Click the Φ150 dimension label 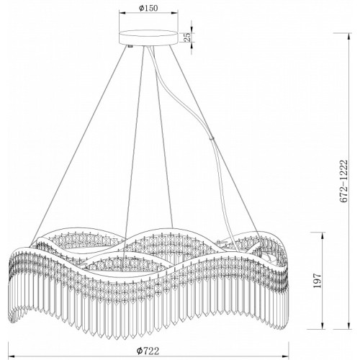coord(148,8)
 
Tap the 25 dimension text coord(188,36)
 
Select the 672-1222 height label coord(343,181)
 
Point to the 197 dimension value coord(318,280)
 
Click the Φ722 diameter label coord(148,351)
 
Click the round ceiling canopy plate coord(148,37)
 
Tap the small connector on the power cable coord(212,138)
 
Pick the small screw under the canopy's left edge coord(130,46)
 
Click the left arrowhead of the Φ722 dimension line coord(12,356)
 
